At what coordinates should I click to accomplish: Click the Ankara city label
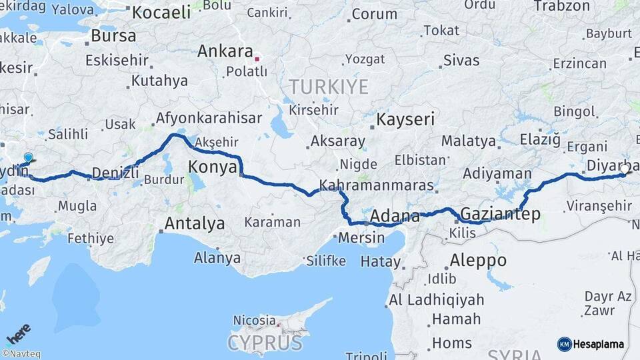click(x=225, y=52)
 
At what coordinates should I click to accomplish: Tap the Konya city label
click(x=213, y=166)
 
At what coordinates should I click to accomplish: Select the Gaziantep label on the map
click(x=500, y=214)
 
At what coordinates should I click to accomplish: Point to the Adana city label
click(x=394, y=217)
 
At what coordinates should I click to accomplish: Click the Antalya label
click(x=195, y=223)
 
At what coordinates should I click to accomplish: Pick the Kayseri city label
click(x=405, y=120)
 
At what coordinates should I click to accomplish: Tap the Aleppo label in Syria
click(x=478, y=260)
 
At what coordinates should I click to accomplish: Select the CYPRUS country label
click(x=265, y=343)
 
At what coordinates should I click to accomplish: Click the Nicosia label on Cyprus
click(x=254, y=321)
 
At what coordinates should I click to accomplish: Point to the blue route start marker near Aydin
click(x=28, y=158)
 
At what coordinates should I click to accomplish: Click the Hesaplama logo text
click(x=600, y=344)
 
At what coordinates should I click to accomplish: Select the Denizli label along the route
click(x=115, y=173)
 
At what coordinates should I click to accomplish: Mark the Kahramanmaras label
click(x=377, y=185)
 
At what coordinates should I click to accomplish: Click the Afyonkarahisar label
click(x=208, y=119)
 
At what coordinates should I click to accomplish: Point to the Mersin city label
click(x=362, y=237)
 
